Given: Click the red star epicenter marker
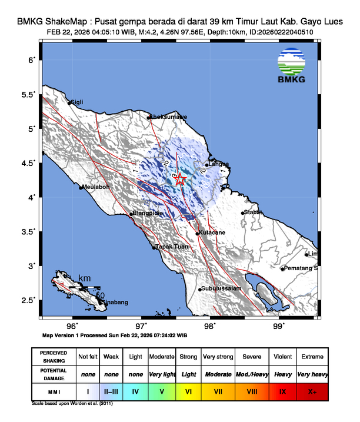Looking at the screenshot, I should (x=181, y=180).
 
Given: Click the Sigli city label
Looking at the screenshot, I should (x=76, y=102).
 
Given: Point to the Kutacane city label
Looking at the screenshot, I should (x=212, y=233).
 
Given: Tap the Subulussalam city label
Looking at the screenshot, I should (x=221, y=289).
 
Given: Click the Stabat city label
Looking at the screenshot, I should (x=252, y=212).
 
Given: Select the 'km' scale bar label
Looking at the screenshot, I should (x=85, y=278).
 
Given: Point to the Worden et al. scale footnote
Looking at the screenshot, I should (x=72, y=404).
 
